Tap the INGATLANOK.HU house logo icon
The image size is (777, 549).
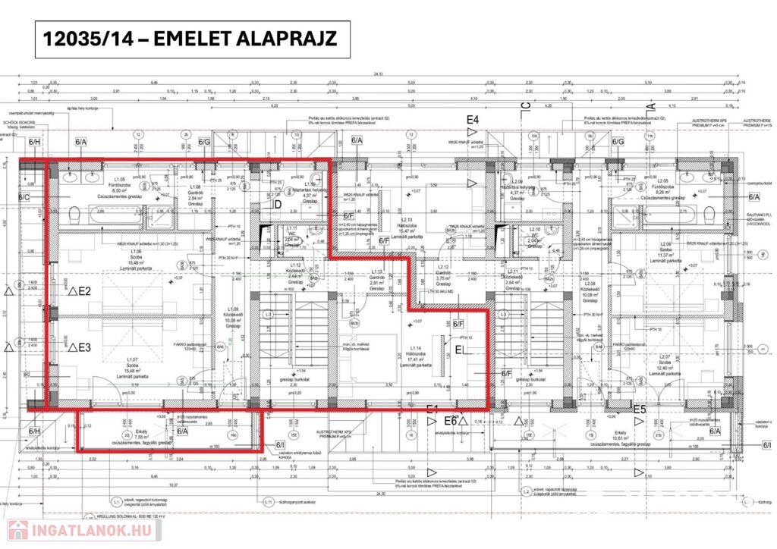tap(14, 530)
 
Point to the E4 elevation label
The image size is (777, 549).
tap(473, 120)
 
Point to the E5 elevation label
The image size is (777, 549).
tap(639, 410)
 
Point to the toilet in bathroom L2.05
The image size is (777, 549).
tap(712, 213)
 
